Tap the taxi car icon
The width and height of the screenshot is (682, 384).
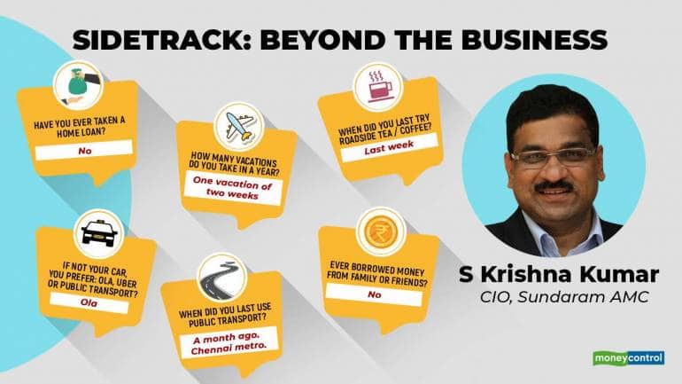click(x=96, y=231)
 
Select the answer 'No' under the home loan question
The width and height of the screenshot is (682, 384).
click(x=85, y=152)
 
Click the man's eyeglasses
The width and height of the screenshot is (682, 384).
click(x=550, y=157)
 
